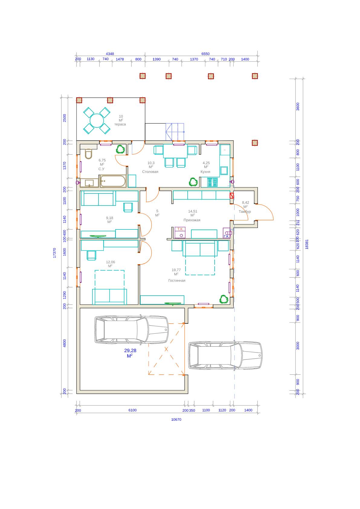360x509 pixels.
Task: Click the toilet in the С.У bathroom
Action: pos(88,154)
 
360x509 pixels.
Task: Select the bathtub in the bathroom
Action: pos(113,181)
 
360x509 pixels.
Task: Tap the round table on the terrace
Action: pos(97,121)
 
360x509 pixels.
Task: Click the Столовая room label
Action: pos(150,172)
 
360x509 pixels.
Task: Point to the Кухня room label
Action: pos(206,172)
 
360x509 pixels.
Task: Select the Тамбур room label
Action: pos(245,212)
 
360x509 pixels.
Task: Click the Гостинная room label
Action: pos(177,280)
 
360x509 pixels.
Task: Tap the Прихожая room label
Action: pos(192,220)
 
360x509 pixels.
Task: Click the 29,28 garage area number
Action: pos(130,351)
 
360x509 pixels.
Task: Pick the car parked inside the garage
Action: pos(131,329)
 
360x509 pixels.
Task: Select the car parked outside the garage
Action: pos(225,355)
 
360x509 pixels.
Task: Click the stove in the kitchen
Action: pos(212,182)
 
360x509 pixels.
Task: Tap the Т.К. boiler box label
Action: pos(180,229)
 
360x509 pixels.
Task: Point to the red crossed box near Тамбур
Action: pos(232,196)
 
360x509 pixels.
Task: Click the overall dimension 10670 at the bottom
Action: pos(176,420)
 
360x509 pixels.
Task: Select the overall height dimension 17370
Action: pos(54,253)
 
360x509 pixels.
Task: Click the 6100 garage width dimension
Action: pos(132,410)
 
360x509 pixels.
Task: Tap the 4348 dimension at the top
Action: pos(110,54)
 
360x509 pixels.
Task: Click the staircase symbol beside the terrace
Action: pos(175,132)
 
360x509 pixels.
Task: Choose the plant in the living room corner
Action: pos(224,299)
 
